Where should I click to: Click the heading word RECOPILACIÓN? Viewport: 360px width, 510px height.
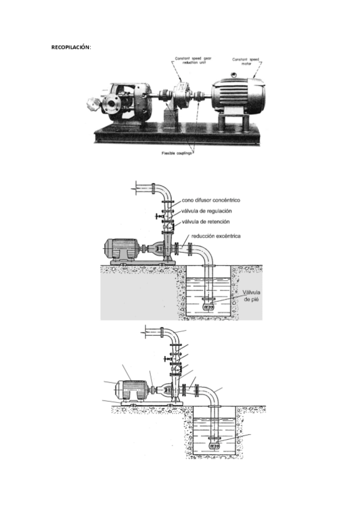(x=71, y=47)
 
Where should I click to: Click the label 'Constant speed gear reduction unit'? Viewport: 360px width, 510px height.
(x=191, y=61)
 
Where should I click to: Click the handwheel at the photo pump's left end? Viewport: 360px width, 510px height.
(x=93, y=103)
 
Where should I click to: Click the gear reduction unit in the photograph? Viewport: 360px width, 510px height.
(x=181, y=96)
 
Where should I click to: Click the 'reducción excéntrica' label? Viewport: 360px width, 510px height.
(x=216, y=236)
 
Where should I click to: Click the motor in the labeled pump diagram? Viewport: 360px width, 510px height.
(x=121, y=250)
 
